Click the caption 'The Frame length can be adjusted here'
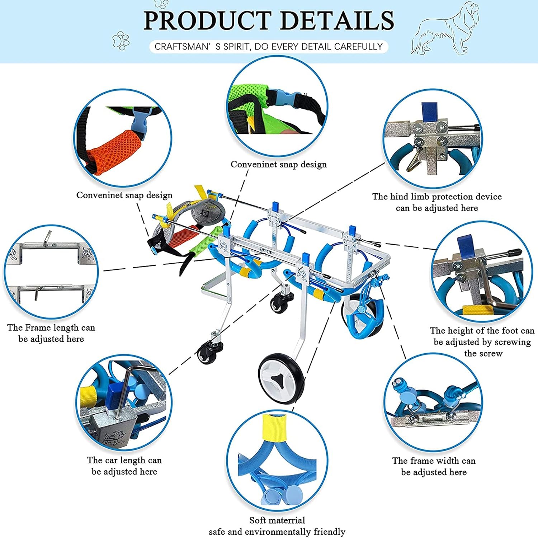pos(51,333)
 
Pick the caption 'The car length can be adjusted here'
pos(124,466)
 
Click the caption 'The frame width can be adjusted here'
pos(434,466)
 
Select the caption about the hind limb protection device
pos(437,202)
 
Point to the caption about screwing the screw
pos(482,342)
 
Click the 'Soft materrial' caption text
pos(277,520)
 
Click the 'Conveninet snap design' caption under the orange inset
pos(124,195)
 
